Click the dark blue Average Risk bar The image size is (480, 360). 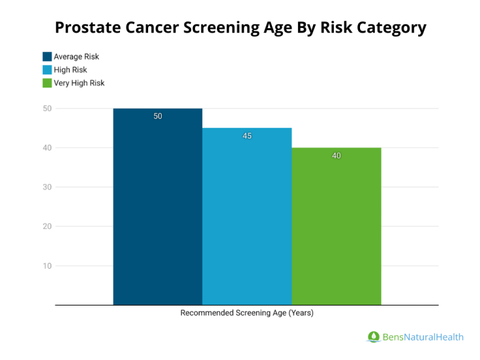pos(157,206)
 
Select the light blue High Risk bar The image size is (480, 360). pos(247,216)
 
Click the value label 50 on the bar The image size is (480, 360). pos(157,116)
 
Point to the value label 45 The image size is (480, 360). pos(247,136)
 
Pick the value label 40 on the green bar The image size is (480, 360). pos(336,156)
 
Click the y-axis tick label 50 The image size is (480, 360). pos(47,108)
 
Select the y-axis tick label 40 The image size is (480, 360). pos(47,147)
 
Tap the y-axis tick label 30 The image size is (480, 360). pos(47,187)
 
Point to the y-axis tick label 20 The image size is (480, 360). pos(47,226)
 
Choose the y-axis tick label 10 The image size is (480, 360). pos(47,266)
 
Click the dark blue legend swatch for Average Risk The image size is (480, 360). pos(47,57)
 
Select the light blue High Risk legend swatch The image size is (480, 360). pos(47,70)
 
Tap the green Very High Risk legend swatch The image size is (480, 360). pos(47,83)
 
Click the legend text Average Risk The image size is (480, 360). pos(76,57)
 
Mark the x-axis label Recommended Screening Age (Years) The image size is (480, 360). pos(247,313)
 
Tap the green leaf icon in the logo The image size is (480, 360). pos(373,337)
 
